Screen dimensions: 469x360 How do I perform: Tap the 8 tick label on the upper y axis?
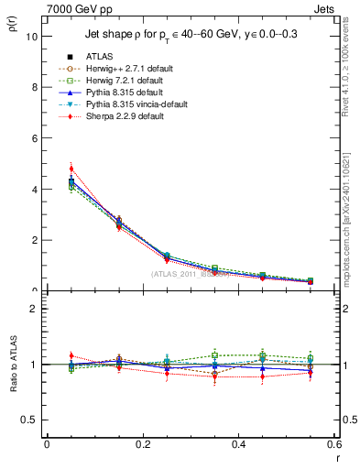click(34, 88)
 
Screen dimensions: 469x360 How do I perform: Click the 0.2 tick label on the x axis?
click(142, 444)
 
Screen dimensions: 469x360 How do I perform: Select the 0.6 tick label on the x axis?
click(334, 444)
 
